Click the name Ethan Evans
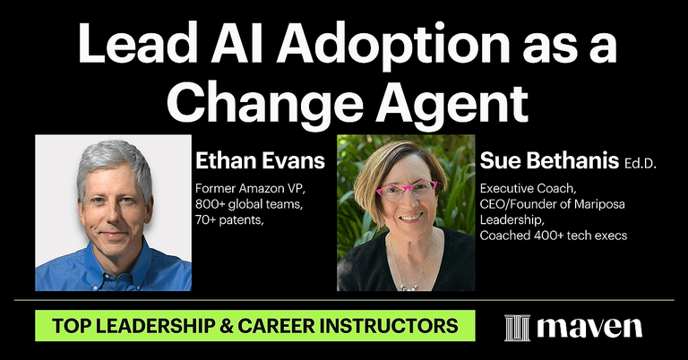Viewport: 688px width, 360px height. point(259,161)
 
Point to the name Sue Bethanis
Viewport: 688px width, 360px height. point(537,161)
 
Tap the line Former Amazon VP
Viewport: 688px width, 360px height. point(250,189)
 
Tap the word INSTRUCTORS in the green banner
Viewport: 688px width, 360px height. point(401,324)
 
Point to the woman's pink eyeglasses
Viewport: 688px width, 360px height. point(407,189)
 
